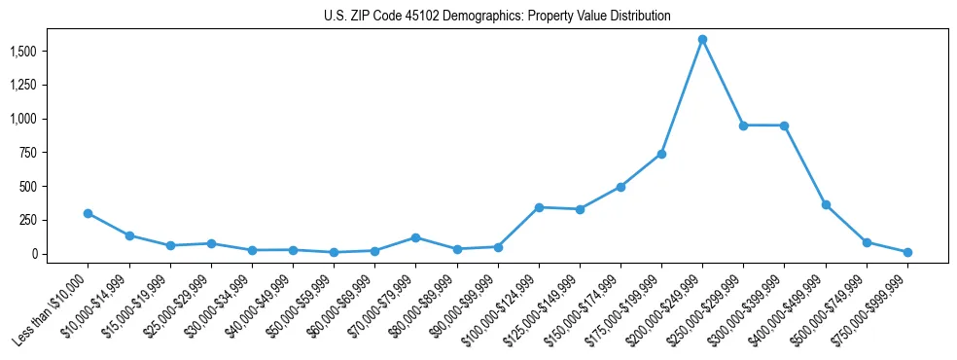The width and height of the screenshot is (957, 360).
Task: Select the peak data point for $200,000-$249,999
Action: click(x=702, y=40)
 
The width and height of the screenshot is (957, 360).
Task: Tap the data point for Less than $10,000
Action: click(x=88, y=213)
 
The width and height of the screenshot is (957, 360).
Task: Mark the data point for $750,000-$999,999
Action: click(x=907, y=252)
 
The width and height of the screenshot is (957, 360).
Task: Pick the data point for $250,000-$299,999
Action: click(x=743, y=126)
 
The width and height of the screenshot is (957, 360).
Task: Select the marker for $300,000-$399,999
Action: click(x=784, y=126)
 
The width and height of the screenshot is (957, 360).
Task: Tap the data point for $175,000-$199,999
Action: click(x=661, y=154)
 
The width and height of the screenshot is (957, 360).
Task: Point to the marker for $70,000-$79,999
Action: click(x=415, y=237)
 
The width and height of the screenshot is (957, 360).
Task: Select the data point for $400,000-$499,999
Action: click(x=826, y=205)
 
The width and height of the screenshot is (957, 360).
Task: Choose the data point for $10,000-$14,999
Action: click(x=128, y=235)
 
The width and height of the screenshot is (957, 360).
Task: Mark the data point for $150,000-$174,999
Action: click(x=620, y=187)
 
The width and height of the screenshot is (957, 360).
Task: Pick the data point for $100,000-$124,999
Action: click(x=538, y=207)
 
